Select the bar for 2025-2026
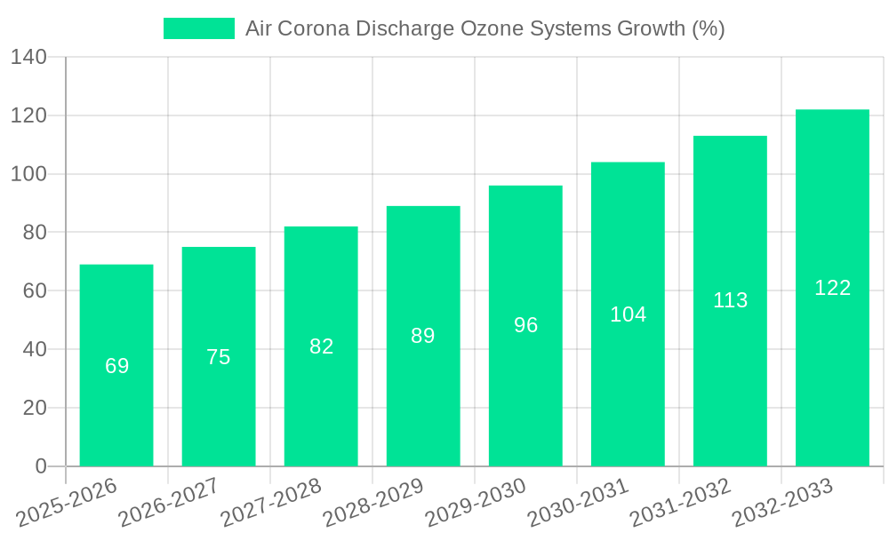[x=116, y=365]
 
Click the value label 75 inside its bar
[x=219, y=357]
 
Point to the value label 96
[x=525, y=325]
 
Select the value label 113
[x=730, y=300]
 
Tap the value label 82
[x=321, y=346]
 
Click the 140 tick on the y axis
[x=28, y=58]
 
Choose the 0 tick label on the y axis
[x=41, y=466]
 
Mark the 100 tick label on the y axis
[x=28, y=174]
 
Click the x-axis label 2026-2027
[x=168, y=501]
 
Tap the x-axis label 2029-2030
[x=475, y=501]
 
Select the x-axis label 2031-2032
[x=679, y=501]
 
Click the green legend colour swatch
[x=198, y=28]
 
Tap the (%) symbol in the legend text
[x=709, y=28]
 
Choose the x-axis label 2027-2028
[x=270, y=501]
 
